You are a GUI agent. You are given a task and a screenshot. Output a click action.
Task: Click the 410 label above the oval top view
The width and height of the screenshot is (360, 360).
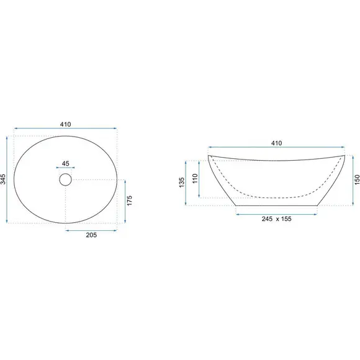tap(66, 124)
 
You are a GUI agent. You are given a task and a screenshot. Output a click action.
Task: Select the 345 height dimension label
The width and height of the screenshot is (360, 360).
tap(3, 179)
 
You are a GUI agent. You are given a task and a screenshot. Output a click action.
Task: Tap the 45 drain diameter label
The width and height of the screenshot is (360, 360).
tap(65, 163)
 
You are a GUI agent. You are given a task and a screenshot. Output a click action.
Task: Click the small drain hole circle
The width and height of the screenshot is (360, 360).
tap(65, 179)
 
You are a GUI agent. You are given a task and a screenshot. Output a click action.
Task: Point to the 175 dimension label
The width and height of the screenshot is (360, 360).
tap(130, 200)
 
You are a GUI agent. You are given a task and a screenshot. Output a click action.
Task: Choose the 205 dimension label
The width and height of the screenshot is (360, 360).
tap(91, 235)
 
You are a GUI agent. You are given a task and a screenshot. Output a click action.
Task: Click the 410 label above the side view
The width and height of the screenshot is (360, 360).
tap(276, 143)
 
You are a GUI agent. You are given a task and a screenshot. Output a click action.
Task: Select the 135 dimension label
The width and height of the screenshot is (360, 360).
tap(182, 182)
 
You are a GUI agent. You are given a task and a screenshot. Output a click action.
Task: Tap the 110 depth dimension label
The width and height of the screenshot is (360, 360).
tap(195, 179)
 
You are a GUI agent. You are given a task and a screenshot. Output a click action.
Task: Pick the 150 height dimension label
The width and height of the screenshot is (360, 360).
tap(357, 180)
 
